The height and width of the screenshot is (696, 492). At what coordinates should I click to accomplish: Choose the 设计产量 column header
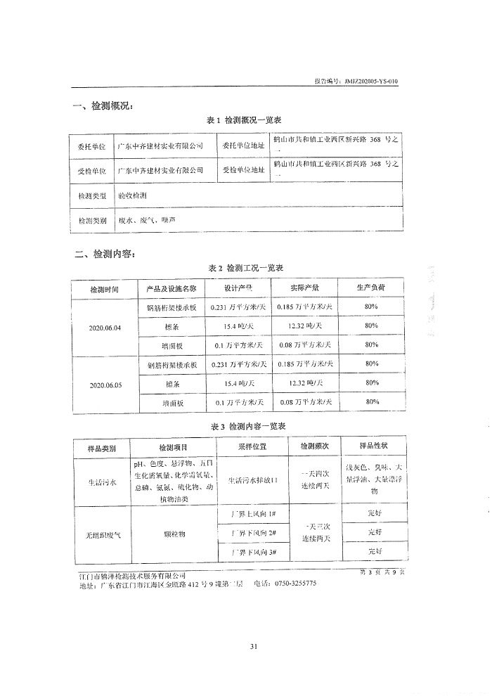[x=238, y=288]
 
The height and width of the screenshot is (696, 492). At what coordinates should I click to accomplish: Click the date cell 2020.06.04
[x=105, y=327]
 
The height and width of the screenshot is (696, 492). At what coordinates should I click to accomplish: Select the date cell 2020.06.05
[x=105, y=385]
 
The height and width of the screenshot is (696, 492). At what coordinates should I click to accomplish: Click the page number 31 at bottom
[x=245, y=647]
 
